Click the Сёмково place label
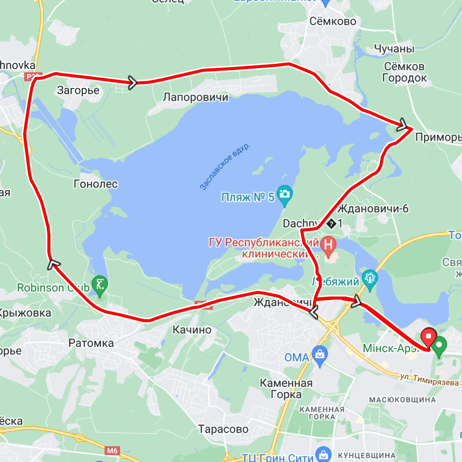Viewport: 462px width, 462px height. [x=333, y=21]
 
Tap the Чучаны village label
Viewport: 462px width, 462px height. [x=394, y=49]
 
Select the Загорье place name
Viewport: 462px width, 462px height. [x=78, y=90]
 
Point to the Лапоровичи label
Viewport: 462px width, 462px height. [x=195, y=97]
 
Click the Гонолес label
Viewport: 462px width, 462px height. [x=96, y=184]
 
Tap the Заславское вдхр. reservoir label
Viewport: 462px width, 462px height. [x=225, y=166]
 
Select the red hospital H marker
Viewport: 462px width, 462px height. [x=328, y=245]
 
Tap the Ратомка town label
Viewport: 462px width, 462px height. [x=91, y=343]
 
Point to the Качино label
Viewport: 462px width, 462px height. [x=192, y=330]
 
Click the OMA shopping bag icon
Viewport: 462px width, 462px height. [x=320, y=355]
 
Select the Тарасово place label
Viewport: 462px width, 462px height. [x=223, y=429]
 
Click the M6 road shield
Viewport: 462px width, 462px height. [x=112, y=451]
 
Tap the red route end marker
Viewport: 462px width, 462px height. [x=428, y=336]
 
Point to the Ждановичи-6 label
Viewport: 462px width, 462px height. [x=373, y=209]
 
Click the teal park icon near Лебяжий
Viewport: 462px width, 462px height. [x=370, y=279]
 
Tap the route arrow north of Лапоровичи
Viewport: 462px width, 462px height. [x=132, y=82]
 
